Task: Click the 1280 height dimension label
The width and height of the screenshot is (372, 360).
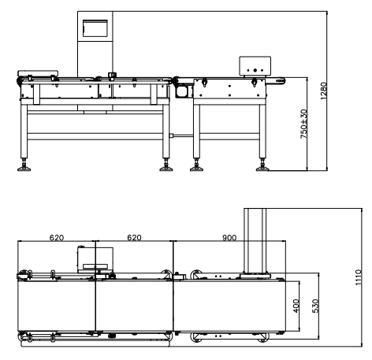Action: click(x=323, y=91)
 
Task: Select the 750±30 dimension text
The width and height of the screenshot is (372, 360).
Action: click(x=303, y=124)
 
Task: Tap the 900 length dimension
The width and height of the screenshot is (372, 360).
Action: click(x=229, y=238)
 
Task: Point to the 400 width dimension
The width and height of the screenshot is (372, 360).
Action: click(x=296, y=306)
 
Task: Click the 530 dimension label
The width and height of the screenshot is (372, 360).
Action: click(x=315, y=306)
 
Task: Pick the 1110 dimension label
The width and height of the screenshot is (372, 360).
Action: click(x=359, y=277)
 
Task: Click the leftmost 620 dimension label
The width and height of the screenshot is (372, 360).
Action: click(x=57, y=238)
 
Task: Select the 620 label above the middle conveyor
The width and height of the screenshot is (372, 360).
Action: click(x=134, y=238)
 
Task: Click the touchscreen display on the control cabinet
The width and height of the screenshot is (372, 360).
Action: click(x=95, y=28)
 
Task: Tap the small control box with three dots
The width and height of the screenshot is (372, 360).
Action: click(x=255, y=65)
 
